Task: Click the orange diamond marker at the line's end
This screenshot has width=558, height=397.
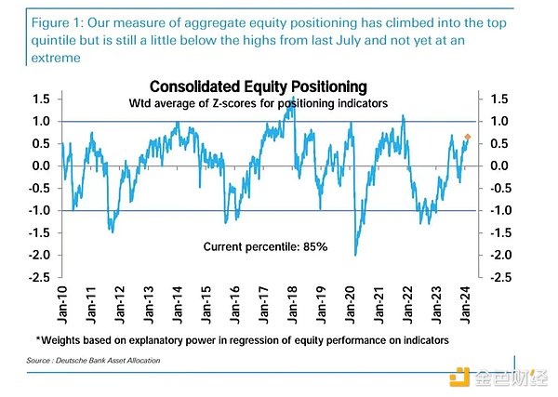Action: pyautogui.click(x=467, y=138)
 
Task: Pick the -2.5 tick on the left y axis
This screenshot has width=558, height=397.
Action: pyautogui.click(x=39, y=277)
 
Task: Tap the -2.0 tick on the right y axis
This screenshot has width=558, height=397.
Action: pyautogui.click(x=498, y=255)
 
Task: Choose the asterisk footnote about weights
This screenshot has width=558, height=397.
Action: pyautogui.click(x=242, y=340)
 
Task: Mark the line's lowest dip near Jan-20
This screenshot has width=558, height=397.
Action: pyautogui.click(x=355, y=254)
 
